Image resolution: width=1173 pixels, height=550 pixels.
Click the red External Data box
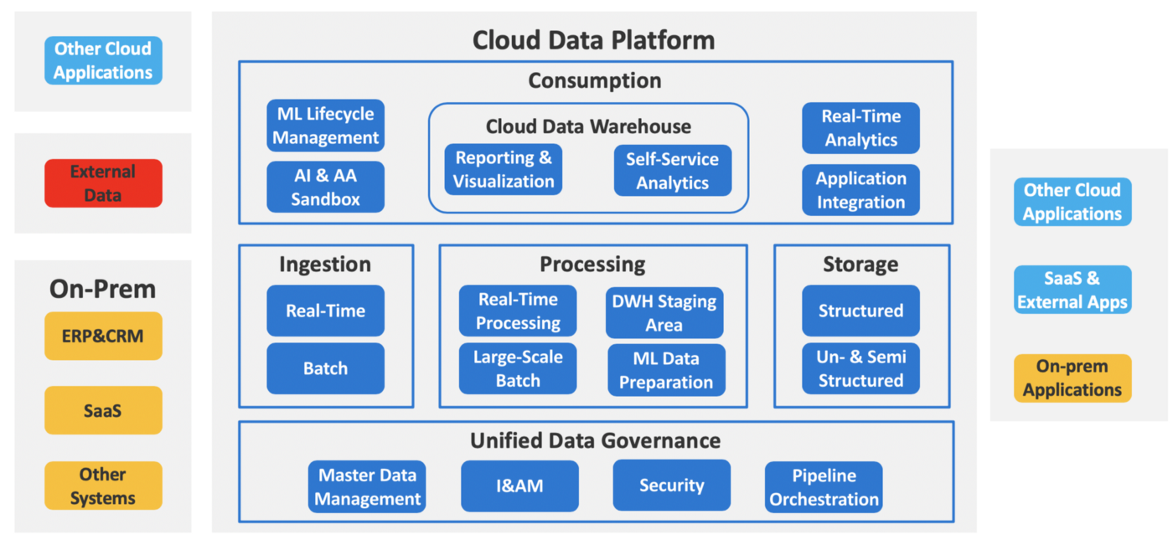(103, 183)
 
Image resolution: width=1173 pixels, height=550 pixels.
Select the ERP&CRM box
(103, 336)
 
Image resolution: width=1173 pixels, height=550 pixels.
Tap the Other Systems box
(103, 486)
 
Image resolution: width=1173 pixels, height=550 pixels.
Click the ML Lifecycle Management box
(325, 126)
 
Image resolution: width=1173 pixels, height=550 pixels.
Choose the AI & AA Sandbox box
(325, 187)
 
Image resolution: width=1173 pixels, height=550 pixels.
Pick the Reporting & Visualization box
(504, 170)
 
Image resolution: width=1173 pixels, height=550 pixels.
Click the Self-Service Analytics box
(672, 171)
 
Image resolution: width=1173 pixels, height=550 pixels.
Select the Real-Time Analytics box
(861, 128)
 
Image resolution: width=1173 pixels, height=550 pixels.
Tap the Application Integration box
(861, 190)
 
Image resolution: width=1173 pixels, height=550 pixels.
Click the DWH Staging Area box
(664, 312)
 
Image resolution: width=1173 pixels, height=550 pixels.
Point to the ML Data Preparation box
(666, 370)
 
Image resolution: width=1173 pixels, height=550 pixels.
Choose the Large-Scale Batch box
(518, 368)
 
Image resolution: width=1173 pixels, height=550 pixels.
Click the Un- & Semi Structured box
(861, 368)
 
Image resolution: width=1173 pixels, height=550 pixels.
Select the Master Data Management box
(367, 486)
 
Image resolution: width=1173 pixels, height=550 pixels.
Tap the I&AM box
(520, 486)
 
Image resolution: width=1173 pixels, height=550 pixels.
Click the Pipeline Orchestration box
(824, 486)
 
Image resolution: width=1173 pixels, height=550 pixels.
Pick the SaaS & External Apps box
(1072, 290)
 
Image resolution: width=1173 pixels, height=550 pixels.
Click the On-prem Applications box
(1072, 378)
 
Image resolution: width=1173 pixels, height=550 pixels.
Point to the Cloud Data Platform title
(594, 40)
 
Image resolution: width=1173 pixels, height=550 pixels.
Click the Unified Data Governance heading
(596, 440)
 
